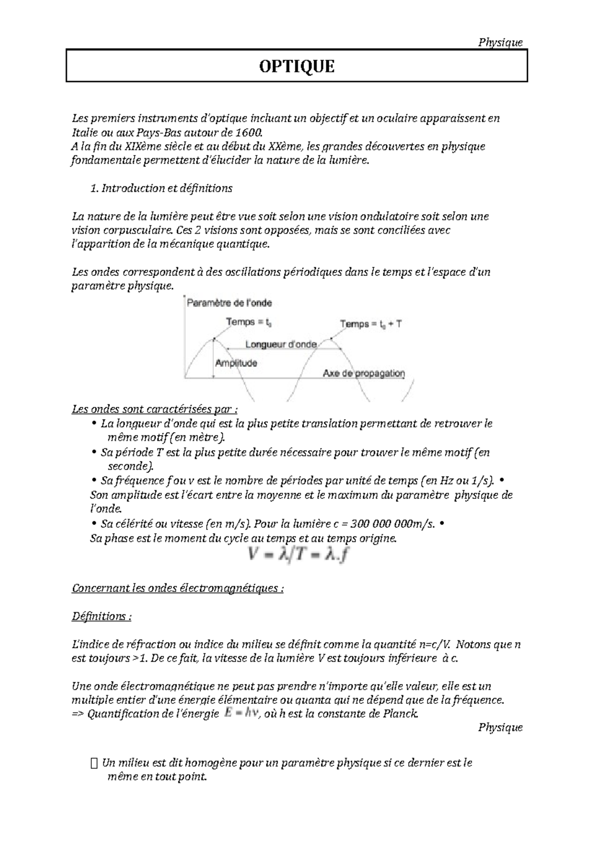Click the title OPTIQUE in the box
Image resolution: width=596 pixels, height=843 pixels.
point(297,66)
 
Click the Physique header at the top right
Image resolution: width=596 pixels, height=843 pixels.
point(500,42)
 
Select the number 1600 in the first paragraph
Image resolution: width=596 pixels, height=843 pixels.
point(247,133)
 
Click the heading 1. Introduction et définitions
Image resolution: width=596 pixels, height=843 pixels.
point(161,188)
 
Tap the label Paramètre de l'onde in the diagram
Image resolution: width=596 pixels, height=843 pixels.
point(229,303)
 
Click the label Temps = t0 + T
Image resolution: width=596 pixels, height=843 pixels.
point(371,324)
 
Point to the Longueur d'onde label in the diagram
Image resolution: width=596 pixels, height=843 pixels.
point(281,344)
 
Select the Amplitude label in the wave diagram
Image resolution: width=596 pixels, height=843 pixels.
point(236,363)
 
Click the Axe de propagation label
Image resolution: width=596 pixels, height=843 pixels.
point(364,373)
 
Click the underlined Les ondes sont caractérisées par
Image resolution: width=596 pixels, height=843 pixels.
point(154,410)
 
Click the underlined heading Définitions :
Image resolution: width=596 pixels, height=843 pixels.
point(102,616)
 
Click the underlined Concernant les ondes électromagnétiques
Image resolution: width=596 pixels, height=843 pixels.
point(178,588)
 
